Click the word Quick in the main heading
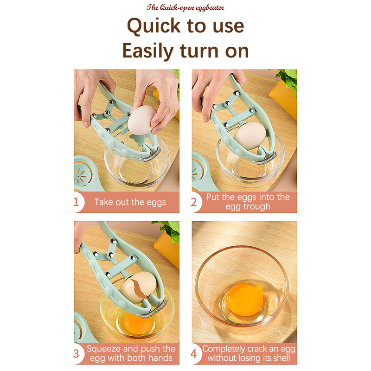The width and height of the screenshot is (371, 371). tap(154, 26)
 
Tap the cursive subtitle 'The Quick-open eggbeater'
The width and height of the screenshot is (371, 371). tap(185, 8)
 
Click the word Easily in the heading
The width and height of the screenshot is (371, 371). tap(148, 51)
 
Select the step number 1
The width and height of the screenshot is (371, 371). tap(76, 202)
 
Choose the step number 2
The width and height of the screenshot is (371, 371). tap(194, 202)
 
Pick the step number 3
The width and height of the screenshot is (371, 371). tap(76, 354)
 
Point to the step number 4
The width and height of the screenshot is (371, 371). tap(194, 354)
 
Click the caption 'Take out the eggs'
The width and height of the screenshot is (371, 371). tap(130, 202)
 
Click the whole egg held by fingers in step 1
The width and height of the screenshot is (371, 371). tap(142, 121)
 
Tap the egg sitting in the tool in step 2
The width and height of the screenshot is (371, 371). tap(249, 135)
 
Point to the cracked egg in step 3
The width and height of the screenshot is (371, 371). tap(138, 287)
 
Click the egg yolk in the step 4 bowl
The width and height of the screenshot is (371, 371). tap(244, 300)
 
